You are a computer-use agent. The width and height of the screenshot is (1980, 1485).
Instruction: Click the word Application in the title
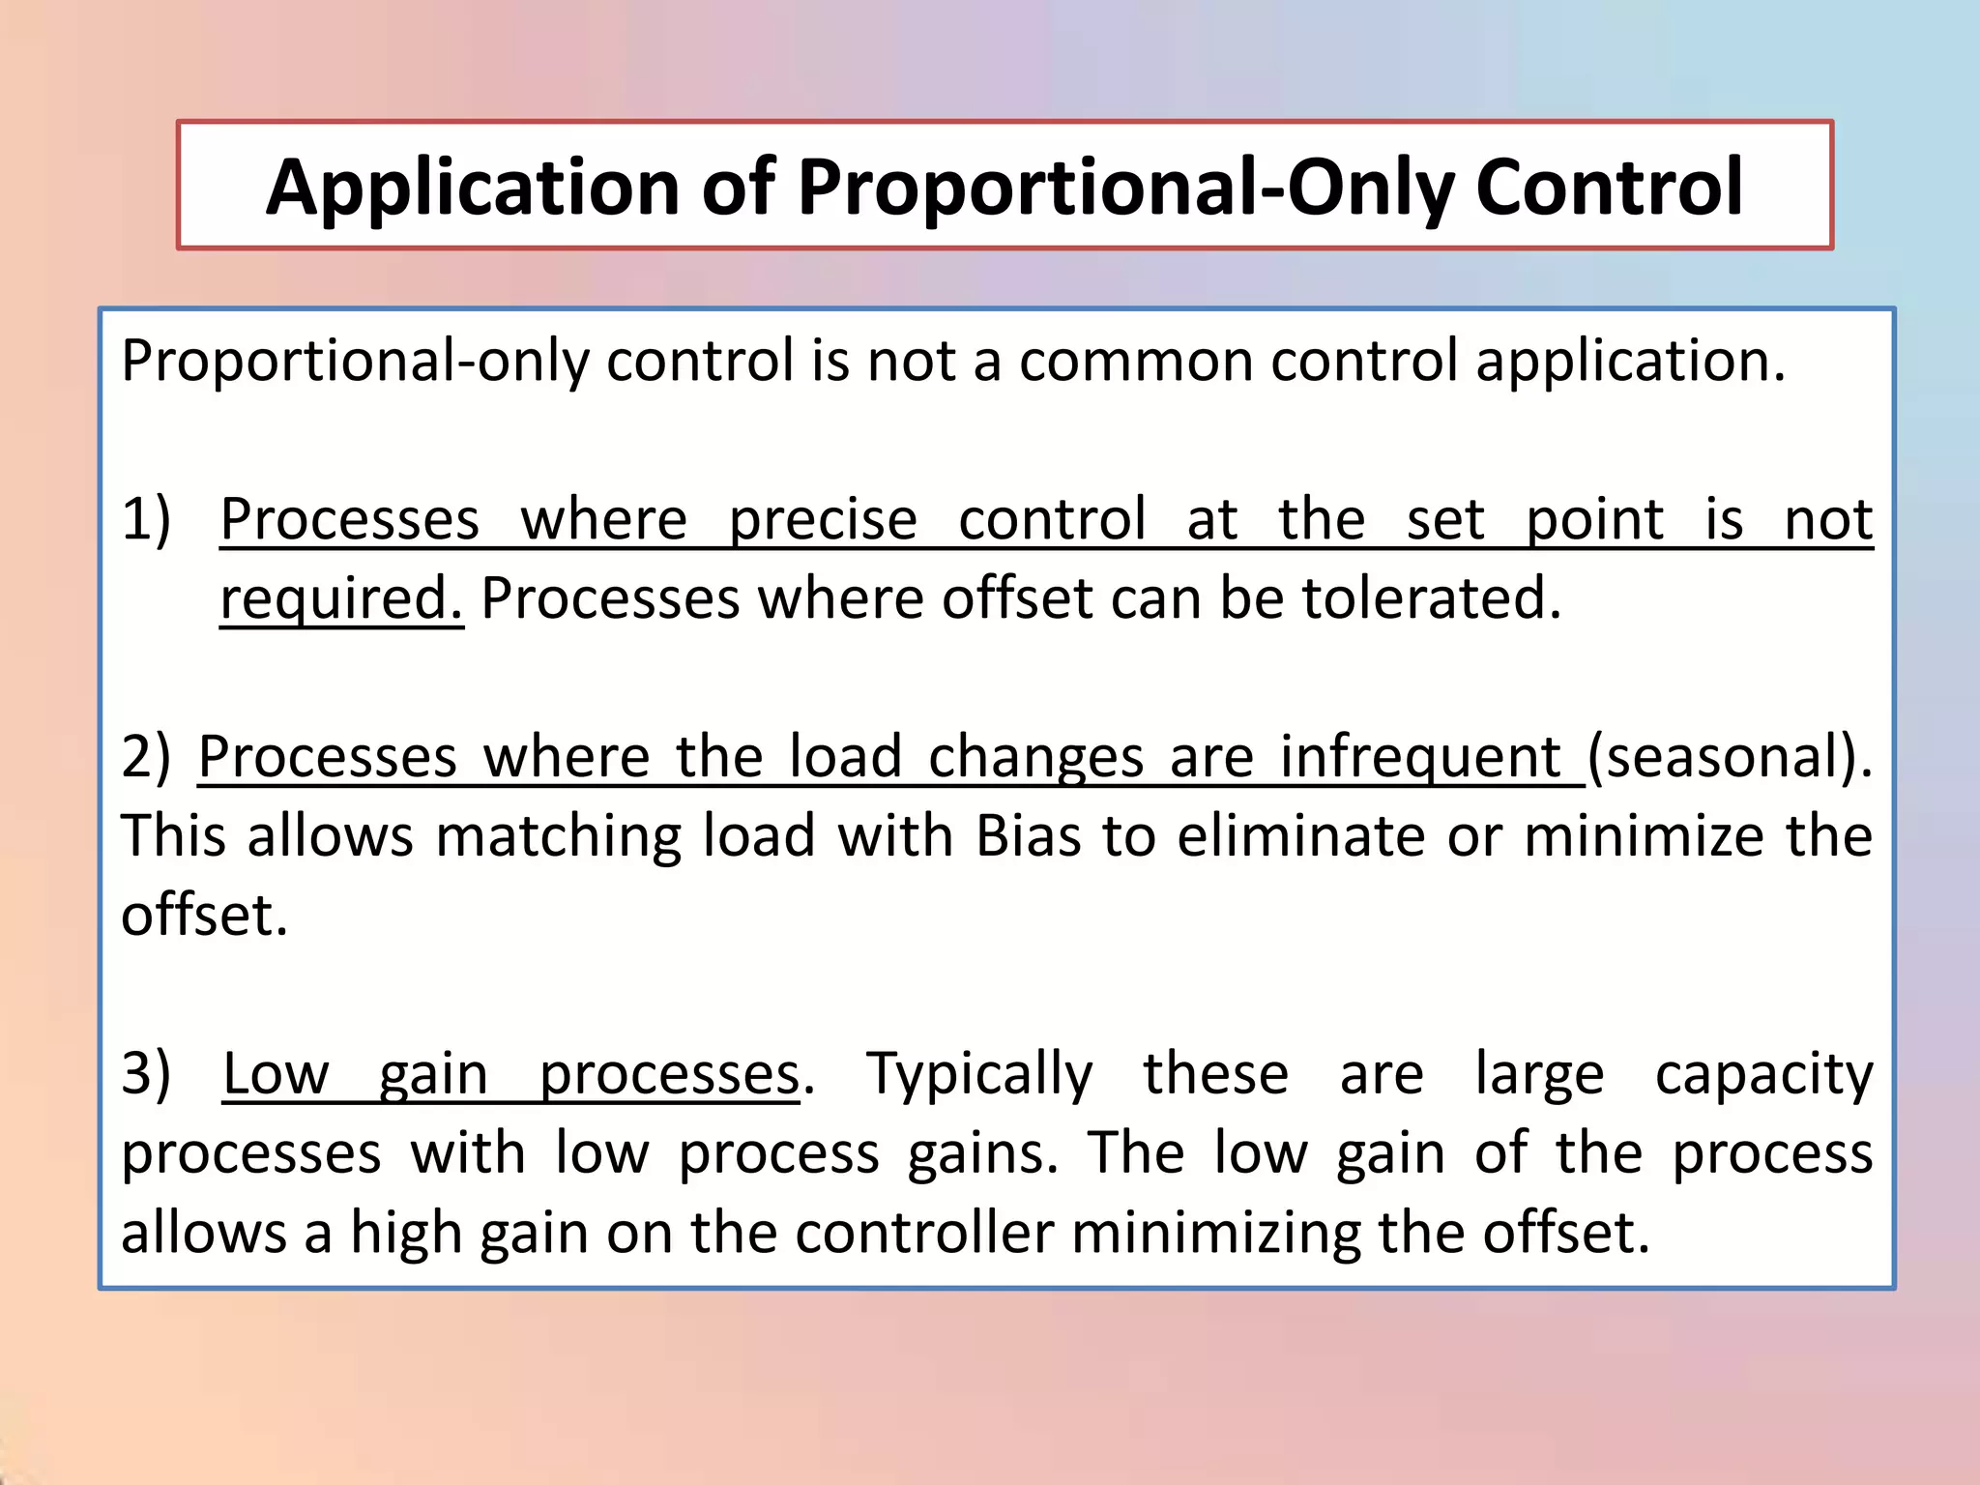click(x=473, y=189)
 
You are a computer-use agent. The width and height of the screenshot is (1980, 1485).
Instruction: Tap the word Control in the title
click(x=1609, y=187)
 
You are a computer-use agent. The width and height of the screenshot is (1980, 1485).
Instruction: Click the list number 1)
click(x=146, y=519)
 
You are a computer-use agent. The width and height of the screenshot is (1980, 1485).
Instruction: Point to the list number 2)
click(x=145, y=757)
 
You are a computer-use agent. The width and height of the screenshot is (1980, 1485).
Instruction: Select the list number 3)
click(x=146, y=1074)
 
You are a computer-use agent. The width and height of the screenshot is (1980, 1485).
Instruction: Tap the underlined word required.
click(x=340, y=599)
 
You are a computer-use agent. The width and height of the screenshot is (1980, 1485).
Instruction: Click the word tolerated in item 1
click(x=1431, y=598)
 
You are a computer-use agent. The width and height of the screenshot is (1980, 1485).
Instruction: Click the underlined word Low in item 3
click(x=276, y=1074)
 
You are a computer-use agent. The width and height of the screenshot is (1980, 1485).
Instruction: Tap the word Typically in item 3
click(x=979, y=1075)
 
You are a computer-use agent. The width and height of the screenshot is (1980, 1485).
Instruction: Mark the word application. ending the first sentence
click(x=1630, y=363)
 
